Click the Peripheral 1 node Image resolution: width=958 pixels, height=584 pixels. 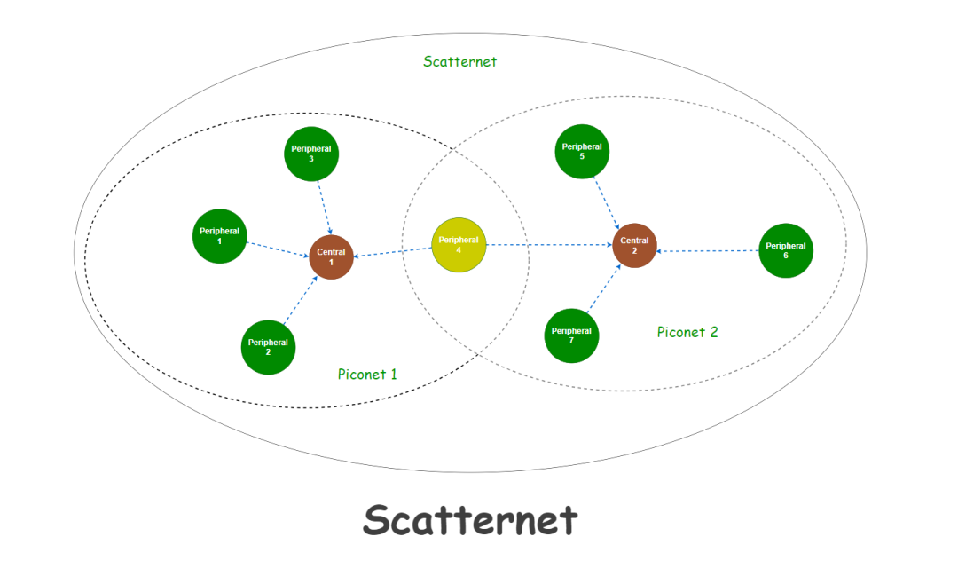point(219,236)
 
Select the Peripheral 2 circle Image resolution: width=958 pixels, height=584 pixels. point(268,347)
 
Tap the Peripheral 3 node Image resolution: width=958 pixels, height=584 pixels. point(311,154)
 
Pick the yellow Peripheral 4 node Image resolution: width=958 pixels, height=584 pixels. point(459,245)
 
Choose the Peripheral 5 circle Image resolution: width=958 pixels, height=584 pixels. point(582,151)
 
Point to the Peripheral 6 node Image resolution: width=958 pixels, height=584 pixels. point(786,250)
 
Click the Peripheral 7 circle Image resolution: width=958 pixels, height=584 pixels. point(571,335)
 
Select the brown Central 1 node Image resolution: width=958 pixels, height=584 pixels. point(332,257)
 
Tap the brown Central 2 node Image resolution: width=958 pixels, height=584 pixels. point(635,245)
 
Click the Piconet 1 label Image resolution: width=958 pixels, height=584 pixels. point(367,375)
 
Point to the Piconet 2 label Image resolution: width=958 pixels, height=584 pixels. point(687,333)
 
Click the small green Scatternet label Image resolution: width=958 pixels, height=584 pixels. point(459,62)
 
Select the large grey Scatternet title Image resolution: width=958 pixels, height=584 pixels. point(470,519)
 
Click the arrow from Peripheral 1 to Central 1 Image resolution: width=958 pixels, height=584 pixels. point(278,249)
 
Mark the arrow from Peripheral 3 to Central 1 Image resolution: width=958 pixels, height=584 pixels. point(324,208)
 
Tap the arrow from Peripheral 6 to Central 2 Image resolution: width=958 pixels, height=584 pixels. point(708,251)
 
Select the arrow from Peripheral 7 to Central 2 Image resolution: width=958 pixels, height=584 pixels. point(603,288)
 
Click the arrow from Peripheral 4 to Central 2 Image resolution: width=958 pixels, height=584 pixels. point(550,245)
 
